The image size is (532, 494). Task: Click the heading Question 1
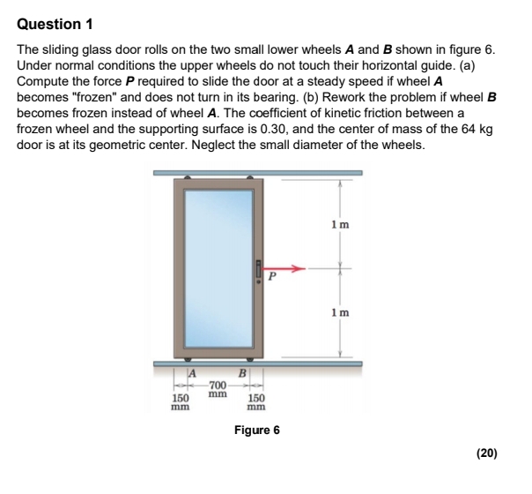(x=55, y=22)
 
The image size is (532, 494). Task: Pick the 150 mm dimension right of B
(x=255, y=402)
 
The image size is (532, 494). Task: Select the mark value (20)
(x=486, y=453)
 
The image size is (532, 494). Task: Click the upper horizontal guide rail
(x=255, y=174)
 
